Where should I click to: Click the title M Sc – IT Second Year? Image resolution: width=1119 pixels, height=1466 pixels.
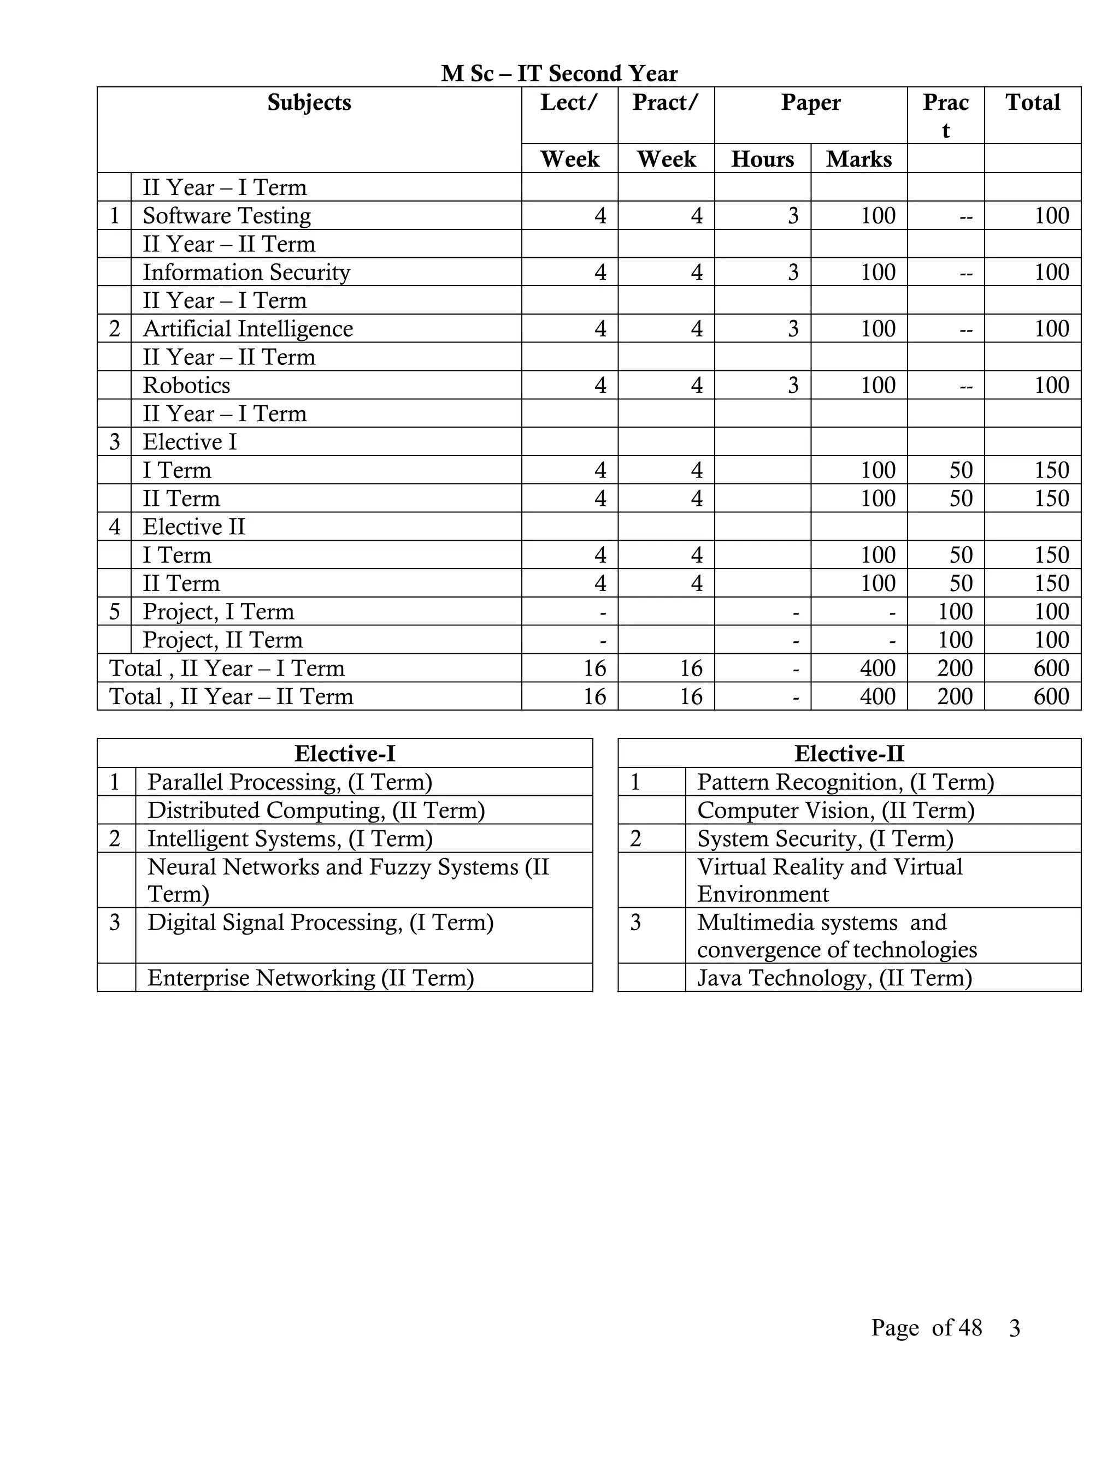tap(559, 73)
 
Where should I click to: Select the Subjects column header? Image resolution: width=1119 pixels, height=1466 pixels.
tap(309, 103)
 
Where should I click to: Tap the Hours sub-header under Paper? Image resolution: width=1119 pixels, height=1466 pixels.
tap(762, 159)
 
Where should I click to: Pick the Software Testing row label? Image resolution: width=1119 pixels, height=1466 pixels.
tap(226, 216)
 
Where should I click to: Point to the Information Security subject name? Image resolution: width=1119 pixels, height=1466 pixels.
tap(246, 273)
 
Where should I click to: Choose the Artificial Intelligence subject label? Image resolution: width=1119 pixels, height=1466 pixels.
tap(247, 329)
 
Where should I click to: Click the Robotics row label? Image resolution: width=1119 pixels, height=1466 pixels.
tap(186, 386)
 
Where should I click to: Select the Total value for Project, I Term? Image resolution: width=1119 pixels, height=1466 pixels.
tap(1051, 612)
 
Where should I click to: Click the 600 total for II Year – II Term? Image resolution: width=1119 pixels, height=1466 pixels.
tap(1051, 697)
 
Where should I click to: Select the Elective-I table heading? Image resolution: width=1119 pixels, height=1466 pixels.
tap(344, 754)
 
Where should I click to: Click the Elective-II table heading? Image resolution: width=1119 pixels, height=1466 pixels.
tap(849, 754)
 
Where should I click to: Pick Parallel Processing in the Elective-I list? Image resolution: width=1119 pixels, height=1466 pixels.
tap(289, 782)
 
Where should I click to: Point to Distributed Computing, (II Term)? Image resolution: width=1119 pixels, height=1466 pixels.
tap(316, 810)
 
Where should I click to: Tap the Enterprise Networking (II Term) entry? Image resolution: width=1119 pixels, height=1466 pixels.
tap(310, 978)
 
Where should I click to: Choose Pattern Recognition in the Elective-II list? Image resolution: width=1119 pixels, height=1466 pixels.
tap(845, 782)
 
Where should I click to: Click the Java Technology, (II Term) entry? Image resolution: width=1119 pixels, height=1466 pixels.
tap(834, 978)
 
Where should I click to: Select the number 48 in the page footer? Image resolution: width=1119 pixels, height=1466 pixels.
tap(970, 1328)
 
